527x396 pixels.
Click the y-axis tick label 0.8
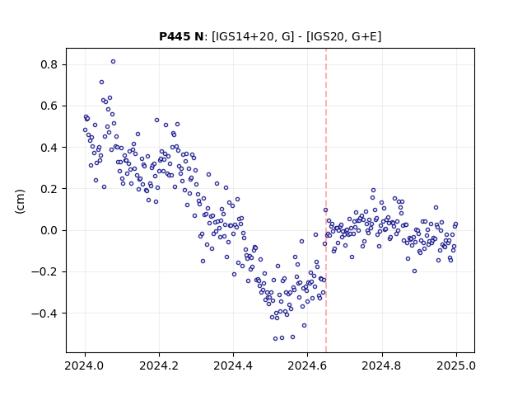49,64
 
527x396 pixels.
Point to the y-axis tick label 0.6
49,106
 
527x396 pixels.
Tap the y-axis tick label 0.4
49,148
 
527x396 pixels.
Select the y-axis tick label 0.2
49,189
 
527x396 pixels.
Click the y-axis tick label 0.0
49,230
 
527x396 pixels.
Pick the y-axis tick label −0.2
45,271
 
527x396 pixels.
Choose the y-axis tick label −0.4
45,313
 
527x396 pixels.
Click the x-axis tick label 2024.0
85,365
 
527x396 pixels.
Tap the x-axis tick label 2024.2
159,365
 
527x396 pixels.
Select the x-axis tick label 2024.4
233,365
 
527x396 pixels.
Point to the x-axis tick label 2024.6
307,365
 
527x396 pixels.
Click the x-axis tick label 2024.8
382,365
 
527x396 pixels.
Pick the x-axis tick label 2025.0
456,365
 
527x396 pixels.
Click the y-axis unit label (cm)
20,201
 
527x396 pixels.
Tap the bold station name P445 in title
173,36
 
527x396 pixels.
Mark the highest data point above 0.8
114,62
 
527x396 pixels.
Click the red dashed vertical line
326,200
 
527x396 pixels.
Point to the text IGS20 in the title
325,36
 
